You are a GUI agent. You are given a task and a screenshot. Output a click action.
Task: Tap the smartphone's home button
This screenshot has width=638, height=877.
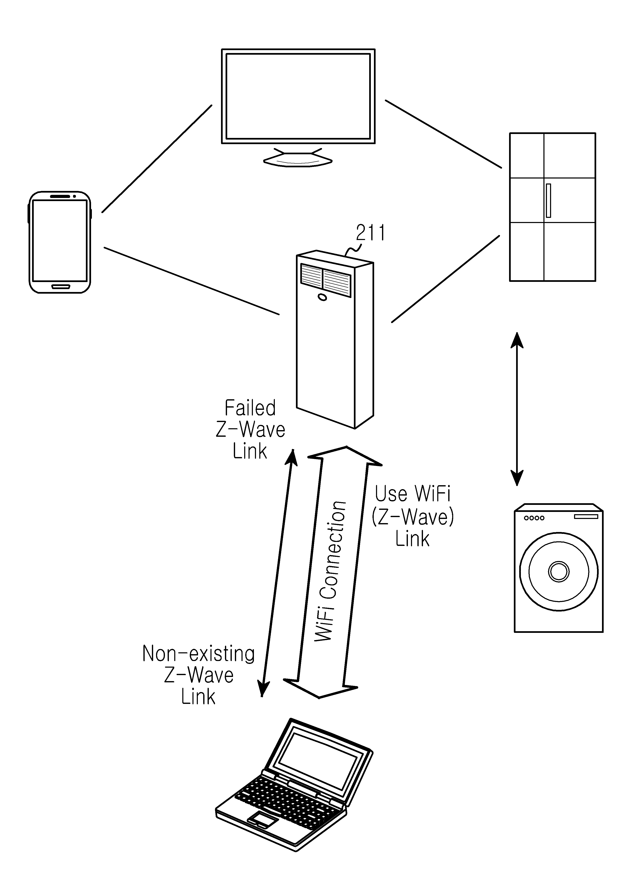60,287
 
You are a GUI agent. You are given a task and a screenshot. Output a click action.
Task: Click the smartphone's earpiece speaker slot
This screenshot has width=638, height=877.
60,197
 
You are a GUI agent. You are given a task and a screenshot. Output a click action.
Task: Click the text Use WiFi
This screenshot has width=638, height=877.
413,494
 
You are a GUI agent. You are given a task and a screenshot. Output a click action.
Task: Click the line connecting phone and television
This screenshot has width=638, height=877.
157,159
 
